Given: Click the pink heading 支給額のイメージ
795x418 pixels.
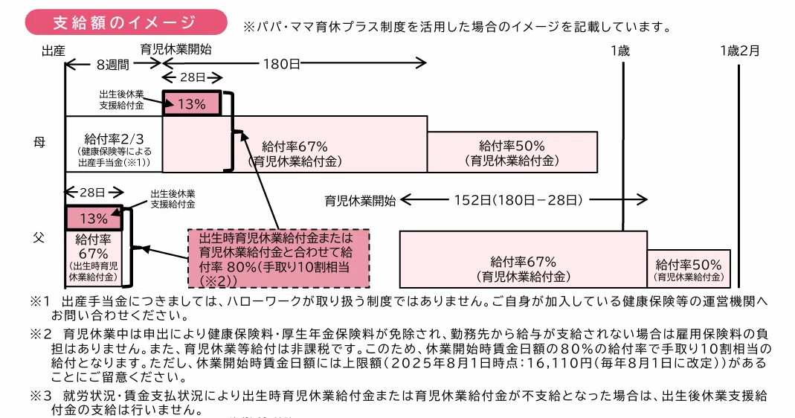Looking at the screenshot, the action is coord(126,22).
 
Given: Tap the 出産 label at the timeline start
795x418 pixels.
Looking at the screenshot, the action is coord(54,51).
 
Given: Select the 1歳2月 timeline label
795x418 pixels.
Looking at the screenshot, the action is coord(740,51).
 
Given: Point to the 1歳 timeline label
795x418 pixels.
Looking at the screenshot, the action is coord(620,51).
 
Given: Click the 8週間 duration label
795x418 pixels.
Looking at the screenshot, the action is coord(112,65).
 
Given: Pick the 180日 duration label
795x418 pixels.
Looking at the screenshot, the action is coord(281,64).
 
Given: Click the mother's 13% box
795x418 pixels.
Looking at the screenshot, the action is coord(192,103).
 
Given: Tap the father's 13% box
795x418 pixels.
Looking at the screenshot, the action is coord(94,218).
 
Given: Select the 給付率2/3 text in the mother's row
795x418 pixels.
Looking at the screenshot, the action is coord(114,138).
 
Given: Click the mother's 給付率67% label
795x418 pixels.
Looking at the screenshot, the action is coord(294,147).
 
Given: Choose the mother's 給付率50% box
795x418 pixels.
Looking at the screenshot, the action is coord(512,152).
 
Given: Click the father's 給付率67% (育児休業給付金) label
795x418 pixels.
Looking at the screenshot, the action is coord(524,269).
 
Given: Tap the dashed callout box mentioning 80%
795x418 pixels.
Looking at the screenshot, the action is coord(278,259).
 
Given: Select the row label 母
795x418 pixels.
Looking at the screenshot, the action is coord(39,143).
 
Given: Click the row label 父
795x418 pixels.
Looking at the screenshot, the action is coord(39,237).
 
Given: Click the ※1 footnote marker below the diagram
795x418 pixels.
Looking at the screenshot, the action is coord(41,300).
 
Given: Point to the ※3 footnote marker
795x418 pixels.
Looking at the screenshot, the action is coord(41,396).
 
